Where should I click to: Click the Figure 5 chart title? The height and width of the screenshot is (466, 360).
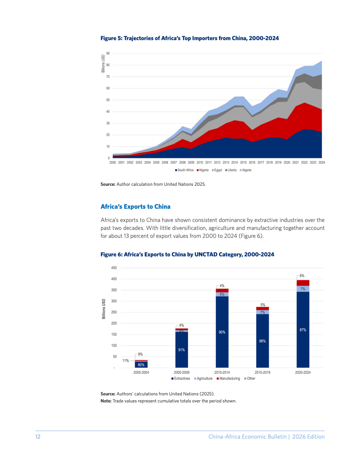click(190, 38)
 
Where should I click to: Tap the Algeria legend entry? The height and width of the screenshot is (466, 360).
click(245, 170)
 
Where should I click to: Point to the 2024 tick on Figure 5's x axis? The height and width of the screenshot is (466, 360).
click(322, 162)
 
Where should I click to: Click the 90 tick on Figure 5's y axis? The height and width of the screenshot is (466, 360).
click(108, 53)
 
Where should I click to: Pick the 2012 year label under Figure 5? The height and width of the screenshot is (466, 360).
click(217, 162)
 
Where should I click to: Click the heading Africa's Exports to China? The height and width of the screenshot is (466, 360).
click(135, 207)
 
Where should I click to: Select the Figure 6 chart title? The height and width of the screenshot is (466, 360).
click(187, 254)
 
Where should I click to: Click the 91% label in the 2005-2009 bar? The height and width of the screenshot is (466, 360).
click(181, 350)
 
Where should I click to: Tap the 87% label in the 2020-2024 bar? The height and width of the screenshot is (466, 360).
click(303, 330)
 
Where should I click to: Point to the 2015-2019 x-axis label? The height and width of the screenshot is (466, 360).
click(262, 372)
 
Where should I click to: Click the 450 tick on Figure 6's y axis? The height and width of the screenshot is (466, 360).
click(114, 268)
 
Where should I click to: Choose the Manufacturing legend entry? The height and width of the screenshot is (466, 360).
click(228, 379)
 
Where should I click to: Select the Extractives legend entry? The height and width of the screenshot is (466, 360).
click(180, 379)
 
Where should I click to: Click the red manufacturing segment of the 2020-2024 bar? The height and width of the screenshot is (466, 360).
click(303, 283)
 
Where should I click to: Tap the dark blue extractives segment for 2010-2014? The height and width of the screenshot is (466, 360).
click(222, 332)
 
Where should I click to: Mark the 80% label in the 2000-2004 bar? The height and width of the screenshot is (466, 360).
click(141, 365)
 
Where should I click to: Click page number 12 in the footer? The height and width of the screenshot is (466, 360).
click(38, 436)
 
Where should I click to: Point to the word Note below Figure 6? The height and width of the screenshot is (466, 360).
click(106, 401)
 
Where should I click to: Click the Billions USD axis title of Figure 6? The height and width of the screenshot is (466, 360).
click(104, 309)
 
